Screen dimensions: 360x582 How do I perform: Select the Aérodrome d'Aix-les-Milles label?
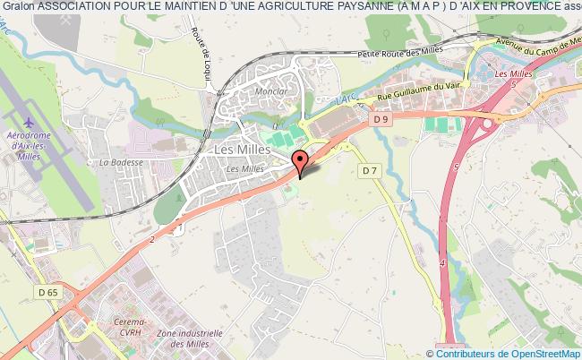click(x=32, y=141)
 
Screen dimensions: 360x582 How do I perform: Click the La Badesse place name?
click(x=116, y=162)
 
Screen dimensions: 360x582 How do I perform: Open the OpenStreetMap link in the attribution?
click(x=543, y=352)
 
